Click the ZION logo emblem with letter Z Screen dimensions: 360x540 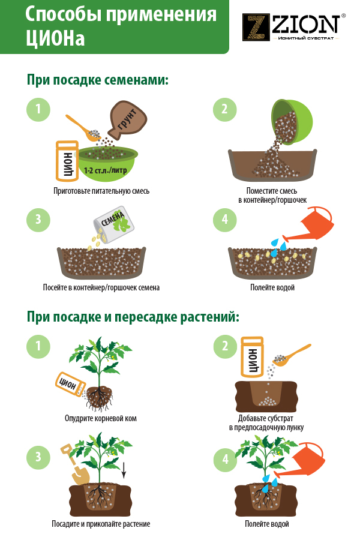tap(256, 27)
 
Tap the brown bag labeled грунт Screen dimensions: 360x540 tap(127, 120)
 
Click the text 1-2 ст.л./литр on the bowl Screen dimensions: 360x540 tap(106, 170)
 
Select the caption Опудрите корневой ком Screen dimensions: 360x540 tap(101, 418)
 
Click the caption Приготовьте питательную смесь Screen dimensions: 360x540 tap(101, 191)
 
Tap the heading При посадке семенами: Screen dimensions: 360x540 tap(98, 80)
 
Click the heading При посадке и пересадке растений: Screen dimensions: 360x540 tap(133, 317)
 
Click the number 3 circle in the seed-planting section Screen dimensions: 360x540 tap(38, 220)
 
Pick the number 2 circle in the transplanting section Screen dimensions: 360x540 tap(225, 346)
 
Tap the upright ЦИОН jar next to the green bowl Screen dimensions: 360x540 tap(67, 161)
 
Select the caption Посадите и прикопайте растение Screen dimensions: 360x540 tap(101, 524)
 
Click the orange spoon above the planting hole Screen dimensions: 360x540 tap(291, 355)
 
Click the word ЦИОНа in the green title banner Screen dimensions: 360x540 tap(55, 38)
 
